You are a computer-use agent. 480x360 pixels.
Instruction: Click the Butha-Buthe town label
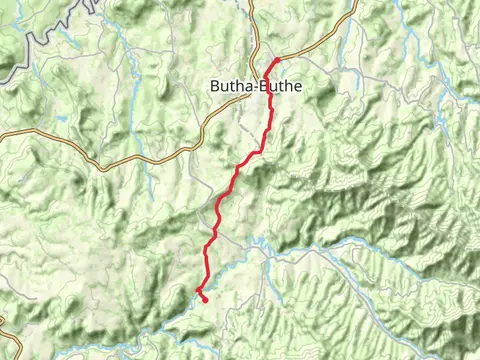(254, 87)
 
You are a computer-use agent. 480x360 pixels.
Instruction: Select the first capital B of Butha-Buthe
(215, 87)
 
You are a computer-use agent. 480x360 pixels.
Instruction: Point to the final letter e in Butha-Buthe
(296, 87)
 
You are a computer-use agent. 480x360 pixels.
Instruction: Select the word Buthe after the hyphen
(279, 87)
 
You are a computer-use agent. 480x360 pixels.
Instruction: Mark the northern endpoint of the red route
(277, 59)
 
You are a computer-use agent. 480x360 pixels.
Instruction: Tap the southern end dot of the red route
(204, 299)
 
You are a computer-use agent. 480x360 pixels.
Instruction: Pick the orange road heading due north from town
(251, 25)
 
